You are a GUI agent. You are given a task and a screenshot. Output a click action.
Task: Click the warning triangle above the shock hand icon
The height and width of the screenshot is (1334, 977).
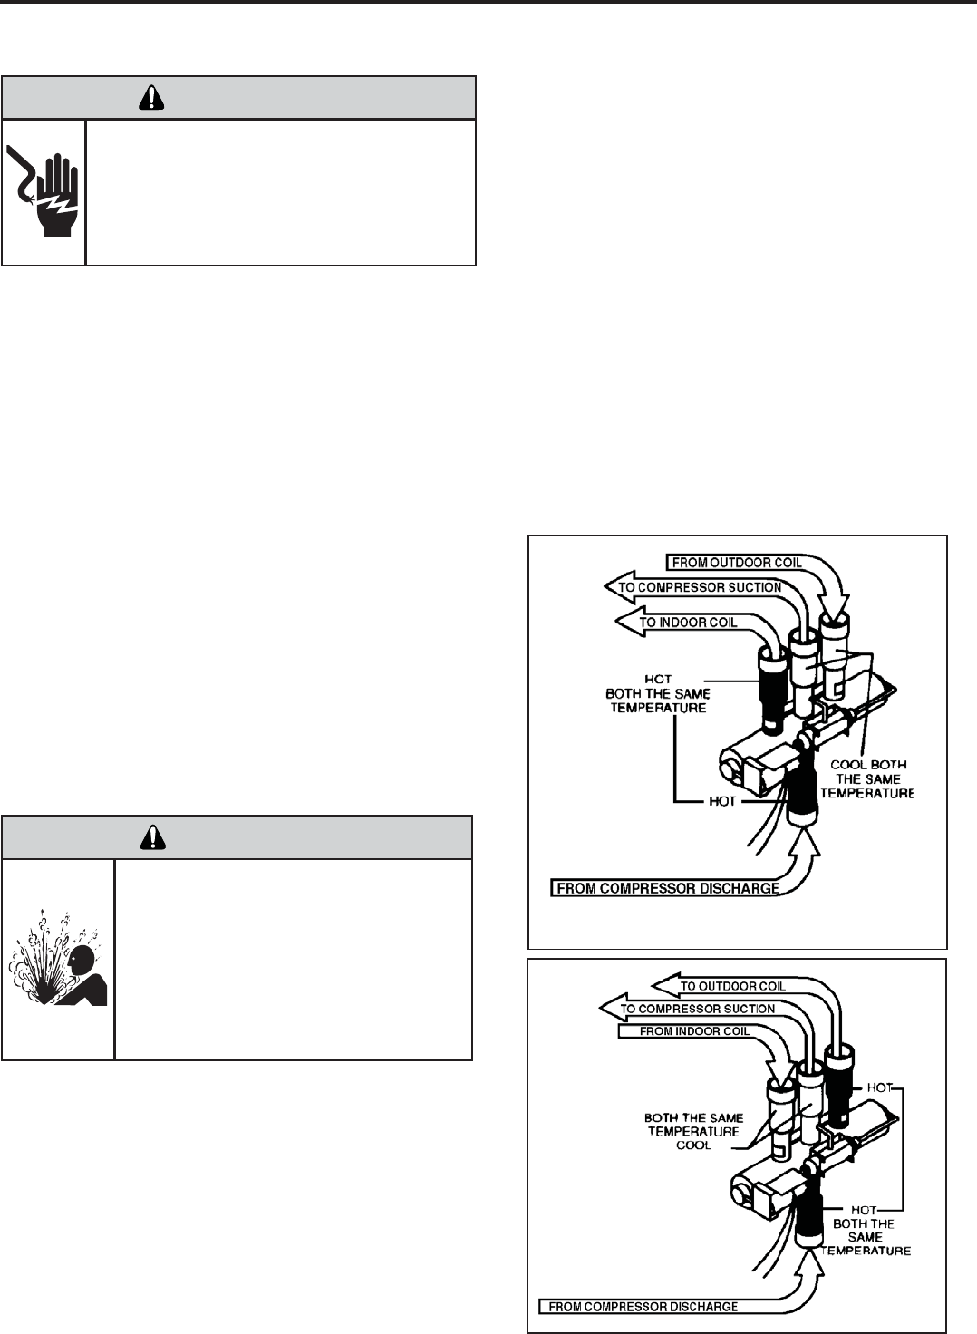point(150,98)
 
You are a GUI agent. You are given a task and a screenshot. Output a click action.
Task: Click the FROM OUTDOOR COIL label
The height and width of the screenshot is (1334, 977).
point(736,563)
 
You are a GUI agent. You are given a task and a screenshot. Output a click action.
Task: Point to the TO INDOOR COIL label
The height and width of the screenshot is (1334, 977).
point(688,623)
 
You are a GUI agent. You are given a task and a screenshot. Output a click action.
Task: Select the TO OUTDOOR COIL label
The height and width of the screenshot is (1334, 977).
point(732,986)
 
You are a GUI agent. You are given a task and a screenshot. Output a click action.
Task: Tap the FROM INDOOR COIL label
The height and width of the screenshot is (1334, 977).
point(694,1031)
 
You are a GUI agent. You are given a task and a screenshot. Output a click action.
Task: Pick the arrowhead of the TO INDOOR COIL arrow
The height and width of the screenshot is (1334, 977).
point(625,623)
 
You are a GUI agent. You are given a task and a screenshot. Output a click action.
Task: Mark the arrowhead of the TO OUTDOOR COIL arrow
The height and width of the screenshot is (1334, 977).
point(663,986)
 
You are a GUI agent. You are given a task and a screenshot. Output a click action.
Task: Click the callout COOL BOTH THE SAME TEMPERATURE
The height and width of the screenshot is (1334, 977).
point(867,778)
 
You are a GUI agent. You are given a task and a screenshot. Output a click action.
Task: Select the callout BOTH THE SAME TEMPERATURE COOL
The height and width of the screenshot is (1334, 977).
point(693,1131)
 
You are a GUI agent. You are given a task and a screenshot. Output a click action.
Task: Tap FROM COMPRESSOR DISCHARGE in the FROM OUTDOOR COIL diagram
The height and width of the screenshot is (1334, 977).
point(667,888)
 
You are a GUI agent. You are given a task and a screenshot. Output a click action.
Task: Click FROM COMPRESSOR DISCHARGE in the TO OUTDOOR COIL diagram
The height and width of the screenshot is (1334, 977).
point(643,1307)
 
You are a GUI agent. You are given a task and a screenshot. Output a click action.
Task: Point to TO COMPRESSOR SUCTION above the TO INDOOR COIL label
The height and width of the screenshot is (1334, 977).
point(700,587)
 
